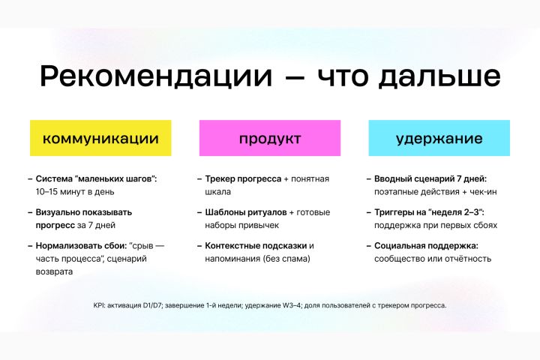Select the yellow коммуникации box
click(100, 138)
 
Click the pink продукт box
click(270, 138)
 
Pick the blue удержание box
click(439, 138)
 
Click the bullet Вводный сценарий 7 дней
click(430, 179)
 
